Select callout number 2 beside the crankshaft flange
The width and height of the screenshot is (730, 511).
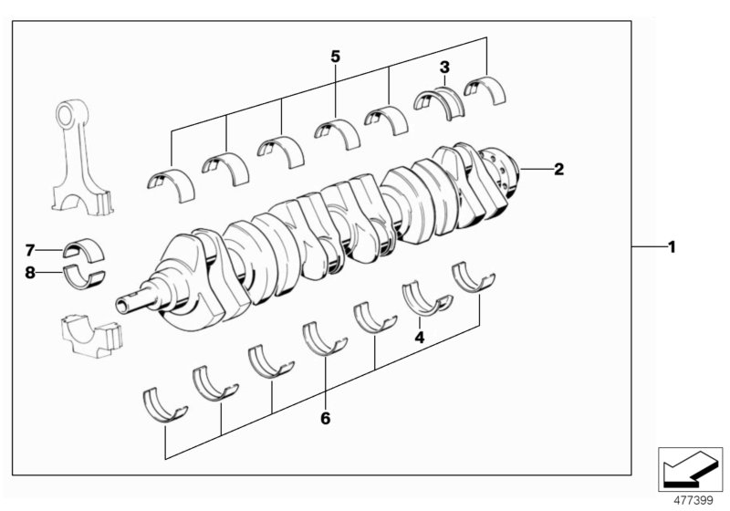point(558,168)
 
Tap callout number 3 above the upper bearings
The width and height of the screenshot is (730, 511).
point(444,67)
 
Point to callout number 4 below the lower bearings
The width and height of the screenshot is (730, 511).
point(420,338)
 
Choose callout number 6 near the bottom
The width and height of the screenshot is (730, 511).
point(325,420)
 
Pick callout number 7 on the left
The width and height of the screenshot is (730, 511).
point(29,249)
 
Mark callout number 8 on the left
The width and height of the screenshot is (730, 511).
point(29,271)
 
